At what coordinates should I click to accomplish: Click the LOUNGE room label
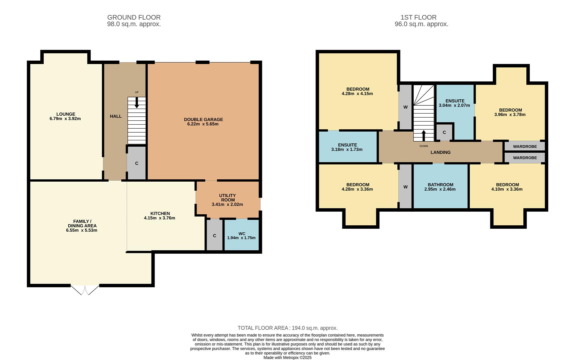click(66, 114)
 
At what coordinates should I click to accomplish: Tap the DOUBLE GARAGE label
click(203, 119)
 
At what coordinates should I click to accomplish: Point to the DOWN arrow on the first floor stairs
click(424, 135)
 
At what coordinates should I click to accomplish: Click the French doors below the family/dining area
click(85, 290)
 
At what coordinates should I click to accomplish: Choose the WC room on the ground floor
click(242, 235)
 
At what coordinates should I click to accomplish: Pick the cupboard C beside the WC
click(215, 235)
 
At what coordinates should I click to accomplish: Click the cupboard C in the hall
click(137, 163)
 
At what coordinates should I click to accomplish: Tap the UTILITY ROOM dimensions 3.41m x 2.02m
click(227, 204)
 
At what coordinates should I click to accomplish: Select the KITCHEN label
click(160, 213)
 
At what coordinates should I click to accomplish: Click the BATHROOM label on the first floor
click(440, 185)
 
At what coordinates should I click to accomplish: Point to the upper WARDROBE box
click(525, 146)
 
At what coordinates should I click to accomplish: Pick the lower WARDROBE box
click(525, 158)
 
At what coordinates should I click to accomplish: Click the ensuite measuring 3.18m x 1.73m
click(347, 147)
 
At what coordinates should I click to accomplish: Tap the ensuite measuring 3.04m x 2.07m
click(455, 103)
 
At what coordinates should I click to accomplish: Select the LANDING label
click(440, 152)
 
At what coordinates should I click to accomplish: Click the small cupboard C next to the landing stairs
click(444, 132)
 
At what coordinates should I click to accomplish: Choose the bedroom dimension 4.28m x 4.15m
click(357, 94)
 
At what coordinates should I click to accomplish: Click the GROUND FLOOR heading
click(134, 17)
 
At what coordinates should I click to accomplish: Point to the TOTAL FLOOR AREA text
click(287, 328)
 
